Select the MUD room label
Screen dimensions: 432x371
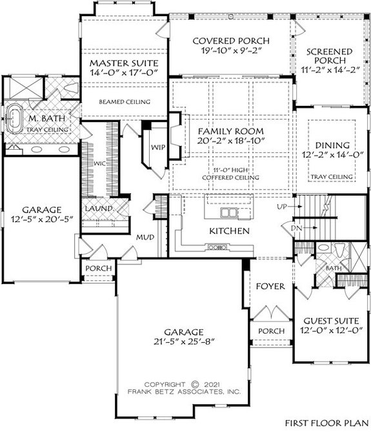point(144,238)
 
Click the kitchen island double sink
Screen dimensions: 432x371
point(228,212)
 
